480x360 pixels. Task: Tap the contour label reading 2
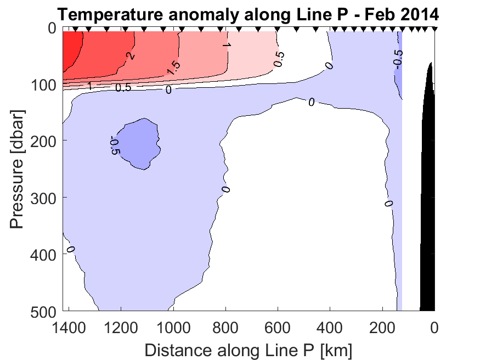coord(130,55)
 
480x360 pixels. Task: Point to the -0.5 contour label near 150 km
coord(398,58)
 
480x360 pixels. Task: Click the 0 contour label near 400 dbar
coord(70,249)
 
